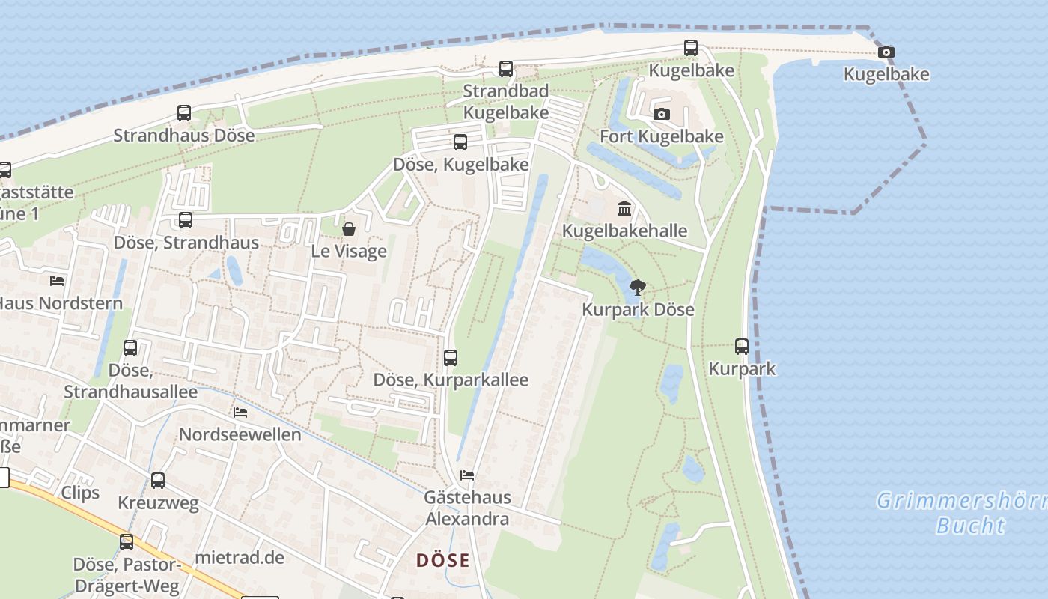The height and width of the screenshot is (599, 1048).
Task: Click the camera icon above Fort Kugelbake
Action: [661, 115]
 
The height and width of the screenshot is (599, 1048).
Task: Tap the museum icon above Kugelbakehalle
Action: [624, 208]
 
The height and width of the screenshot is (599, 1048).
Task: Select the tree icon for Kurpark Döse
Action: [638, 287]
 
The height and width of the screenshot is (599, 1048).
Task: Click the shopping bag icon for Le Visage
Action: [348, 228]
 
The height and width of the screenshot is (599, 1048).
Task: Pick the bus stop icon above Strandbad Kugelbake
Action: [506, 69]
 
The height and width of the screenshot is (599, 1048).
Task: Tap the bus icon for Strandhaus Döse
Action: [184, 113]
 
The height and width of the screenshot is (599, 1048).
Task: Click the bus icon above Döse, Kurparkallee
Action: [450, 358]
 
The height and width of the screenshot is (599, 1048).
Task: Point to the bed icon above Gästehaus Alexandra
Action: [467, 475]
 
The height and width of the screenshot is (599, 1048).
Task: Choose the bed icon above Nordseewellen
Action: [240, 413]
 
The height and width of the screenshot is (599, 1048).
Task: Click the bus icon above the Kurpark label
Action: [742, 347]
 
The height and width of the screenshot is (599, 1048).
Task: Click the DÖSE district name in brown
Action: [443, 560]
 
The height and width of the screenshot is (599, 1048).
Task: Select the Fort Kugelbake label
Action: [661, 136]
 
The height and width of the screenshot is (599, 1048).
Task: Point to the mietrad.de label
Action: [240, 558]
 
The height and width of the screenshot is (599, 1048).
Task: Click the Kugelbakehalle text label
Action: [624, 231]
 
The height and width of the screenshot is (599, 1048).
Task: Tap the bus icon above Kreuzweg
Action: [158, 481]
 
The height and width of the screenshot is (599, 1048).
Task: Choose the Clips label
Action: [80, 493]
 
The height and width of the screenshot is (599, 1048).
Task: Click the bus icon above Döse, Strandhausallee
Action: [130, 348]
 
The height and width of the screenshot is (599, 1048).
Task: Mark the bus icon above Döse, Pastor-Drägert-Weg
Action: [127, 541]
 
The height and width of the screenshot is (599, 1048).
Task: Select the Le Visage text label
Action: [349, 251]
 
